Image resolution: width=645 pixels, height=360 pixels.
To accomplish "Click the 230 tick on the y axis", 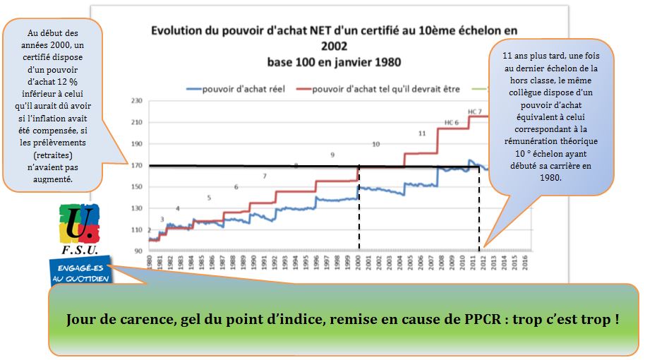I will coord(136,101).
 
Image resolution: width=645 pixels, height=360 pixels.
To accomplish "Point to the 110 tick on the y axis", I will coord(136,230).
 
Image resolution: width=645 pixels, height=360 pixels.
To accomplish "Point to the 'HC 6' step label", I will coord(452,123).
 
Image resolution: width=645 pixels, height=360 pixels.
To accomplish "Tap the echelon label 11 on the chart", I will coord(422,133).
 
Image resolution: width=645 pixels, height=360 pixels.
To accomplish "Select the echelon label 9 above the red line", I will coord(332,155).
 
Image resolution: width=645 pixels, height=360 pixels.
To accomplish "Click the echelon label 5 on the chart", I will coord(209,198).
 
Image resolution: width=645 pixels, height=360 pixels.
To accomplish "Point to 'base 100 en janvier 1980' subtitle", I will coord(334,61).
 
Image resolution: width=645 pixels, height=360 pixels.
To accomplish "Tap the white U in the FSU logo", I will coord(73,225).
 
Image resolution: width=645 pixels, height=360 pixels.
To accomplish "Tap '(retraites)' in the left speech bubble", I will coord(53,155).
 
